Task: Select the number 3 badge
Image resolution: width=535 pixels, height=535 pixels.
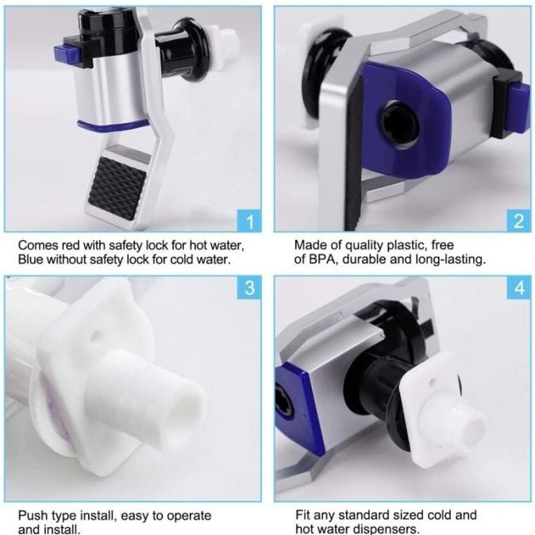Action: (250, 287)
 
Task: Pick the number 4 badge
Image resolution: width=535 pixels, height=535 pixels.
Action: (518, 287)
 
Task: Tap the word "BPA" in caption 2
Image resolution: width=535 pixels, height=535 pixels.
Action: (322, 259)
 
